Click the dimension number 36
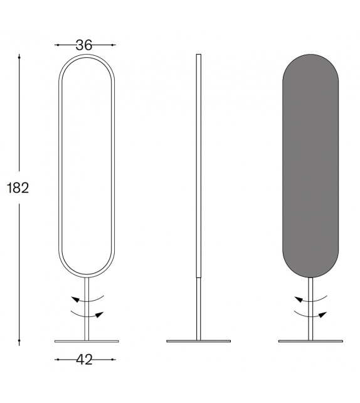(84, 45)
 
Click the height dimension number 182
(18, 188)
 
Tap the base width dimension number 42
(84, 360)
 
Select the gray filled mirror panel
(310, 166)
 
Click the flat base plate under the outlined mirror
(87, 341)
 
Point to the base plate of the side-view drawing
(198, 341)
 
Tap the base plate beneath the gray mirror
(310, 341)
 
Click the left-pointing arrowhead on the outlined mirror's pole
(75, 299)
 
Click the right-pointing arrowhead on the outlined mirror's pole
(99, 314)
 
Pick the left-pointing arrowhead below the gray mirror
(299, 299)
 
